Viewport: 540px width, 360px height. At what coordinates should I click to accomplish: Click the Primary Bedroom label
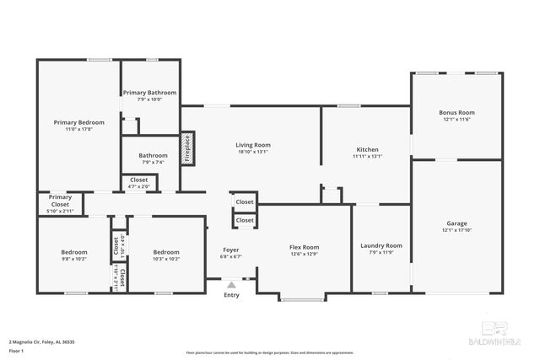coord(78,122)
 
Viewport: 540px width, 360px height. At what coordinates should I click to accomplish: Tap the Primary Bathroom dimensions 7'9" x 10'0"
coord(149,99)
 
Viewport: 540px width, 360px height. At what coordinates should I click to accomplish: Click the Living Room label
coord(252,145)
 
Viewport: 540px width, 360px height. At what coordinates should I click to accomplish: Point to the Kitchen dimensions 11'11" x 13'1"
coord(367,156)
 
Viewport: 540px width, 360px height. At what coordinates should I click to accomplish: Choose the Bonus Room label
coord(456,112)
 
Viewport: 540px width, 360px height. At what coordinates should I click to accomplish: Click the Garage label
coord(456,223)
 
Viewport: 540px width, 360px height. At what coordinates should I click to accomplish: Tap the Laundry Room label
coord(381,245)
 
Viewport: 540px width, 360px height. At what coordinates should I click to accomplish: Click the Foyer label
coord(231,250)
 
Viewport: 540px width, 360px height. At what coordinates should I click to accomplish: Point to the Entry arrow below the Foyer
coord(231,285)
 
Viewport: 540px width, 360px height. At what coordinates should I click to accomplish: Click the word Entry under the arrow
coord(231,295)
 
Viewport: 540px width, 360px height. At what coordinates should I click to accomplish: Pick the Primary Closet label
coord(60,201)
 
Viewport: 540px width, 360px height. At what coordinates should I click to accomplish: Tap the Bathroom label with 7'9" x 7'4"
coord(153,155)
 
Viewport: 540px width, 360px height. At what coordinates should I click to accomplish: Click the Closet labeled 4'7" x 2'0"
coord(138,180)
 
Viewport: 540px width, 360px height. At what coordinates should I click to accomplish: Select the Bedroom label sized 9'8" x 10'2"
coord(73,252)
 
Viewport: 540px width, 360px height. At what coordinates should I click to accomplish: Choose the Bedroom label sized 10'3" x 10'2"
coord(166,252)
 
